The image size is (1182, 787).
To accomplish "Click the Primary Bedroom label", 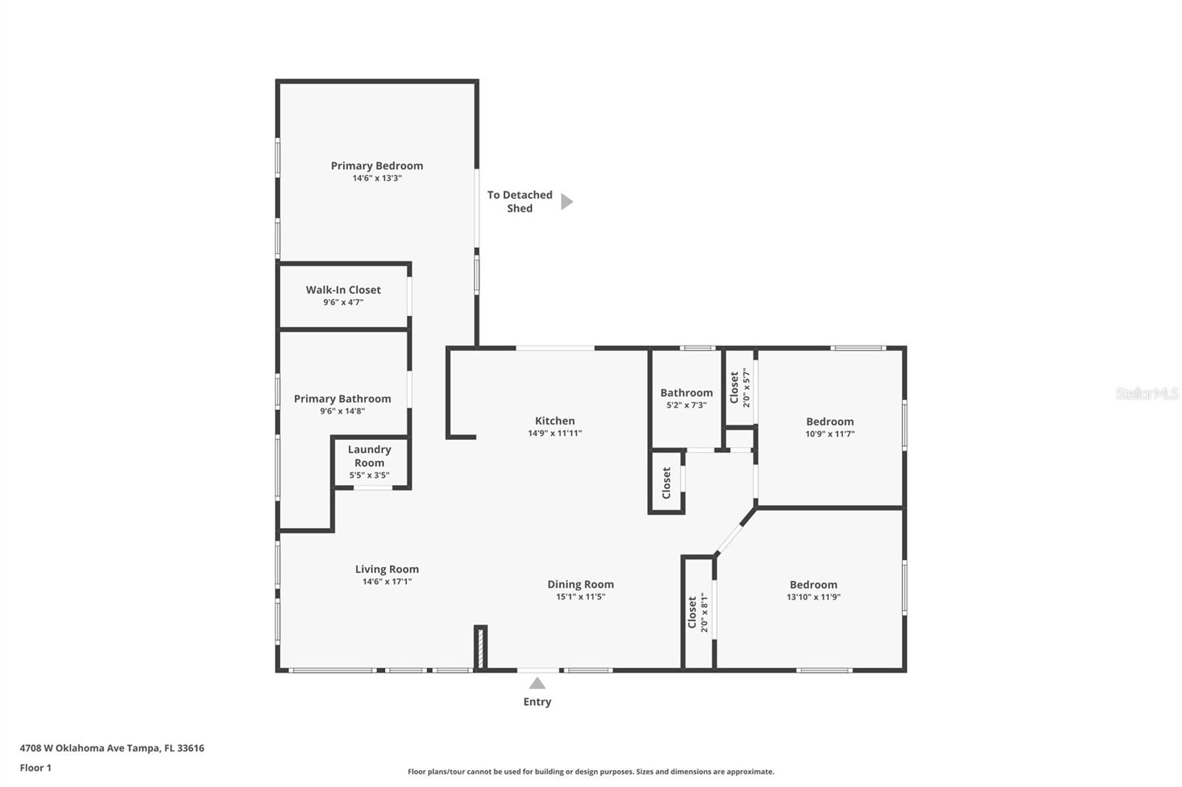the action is (377, 165).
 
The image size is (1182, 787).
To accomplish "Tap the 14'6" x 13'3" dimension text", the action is (377, 178).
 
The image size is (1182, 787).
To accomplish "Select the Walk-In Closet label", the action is (343, 289).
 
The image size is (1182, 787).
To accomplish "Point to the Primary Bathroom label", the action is (343, 399).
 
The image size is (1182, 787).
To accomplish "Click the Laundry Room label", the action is (369, 456).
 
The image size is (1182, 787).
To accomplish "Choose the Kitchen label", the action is (555, 420).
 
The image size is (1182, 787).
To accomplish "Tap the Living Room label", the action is (387, 569).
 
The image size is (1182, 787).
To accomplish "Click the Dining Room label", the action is (581, 585).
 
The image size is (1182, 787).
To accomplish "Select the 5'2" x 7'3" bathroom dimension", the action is (686, 405).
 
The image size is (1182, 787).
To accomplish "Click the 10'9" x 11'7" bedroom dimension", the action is (830, 434).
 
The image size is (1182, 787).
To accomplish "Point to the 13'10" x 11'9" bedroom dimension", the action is (813, 597).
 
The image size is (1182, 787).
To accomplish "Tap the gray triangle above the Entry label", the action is (537, 684).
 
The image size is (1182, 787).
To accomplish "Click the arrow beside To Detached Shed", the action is (567, 202).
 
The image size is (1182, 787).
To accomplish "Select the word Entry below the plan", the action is (537, 701).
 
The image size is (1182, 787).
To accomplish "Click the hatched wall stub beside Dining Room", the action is (480, 647).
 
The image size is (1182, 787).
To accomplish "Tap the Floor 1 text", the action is (36, 768).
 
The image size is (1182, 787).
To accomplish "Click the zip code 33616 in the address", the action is (191, 748).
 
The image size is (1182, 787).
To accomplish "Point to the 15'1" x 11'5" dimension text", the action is (581, 597).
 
